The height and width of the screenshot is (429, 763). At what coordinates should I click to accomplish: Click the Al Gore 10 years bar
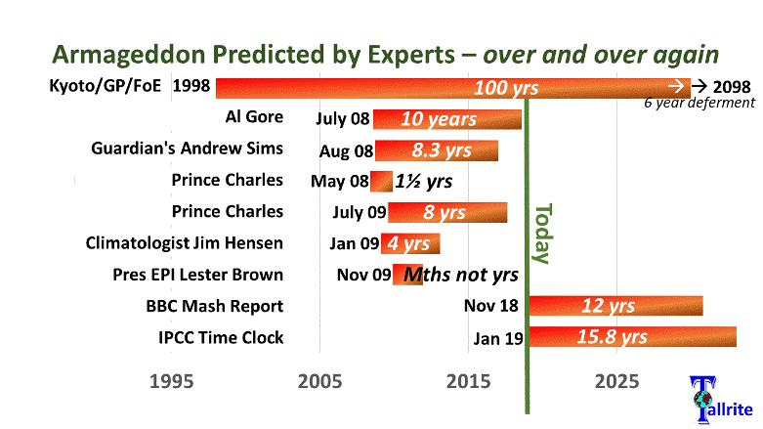click(447, 119)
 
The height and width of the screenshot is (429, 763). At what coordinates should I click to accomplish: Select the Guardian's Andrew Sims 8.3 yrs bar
click(437, 150)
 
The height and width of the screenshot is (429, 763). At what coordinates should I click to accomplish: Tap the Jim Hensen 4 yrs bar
click(410, 243)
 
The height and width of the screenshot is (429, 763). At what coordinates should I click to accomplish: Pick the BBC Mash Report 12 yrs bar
click(615, 306)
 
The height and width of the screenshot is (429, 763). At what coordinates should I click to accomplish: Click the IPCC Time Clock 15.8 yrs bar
click(632, 337)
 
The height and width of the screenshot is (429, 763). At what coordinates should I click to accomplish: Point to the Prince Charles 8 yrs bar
click(447, 212)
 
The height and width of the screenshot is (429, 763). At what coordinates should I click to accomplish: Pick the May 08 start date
click(339, 181)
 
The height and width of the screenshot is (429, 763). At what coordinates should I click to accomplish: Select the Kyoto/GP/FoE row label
click(106, 86)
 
